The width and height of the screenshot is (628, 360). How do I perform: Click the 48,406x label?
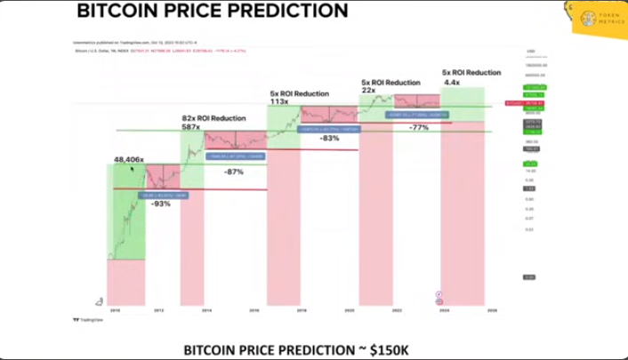pyautogui.click(x=129, y=160)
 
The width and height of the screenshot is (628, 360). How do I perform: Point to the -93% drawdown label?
pyautogui.click(x=161, y=204)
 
